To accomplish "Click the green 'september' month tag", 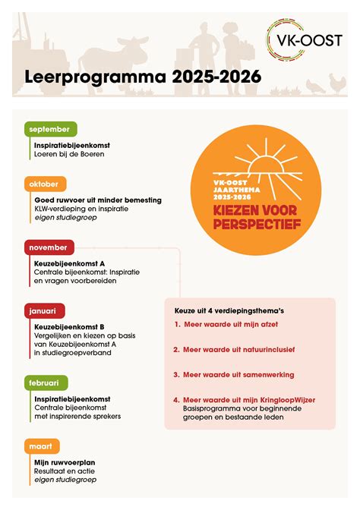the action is [49, 129].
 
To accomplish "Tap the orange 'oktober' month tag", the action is [45, 184].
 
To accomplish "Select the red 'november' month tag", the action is [48, 247].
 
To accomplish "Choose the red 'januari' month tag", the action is [45, 310].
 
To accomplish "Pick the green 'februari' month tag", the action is [46, 382].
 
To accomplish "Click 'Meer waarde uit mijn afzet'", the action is [232, 324].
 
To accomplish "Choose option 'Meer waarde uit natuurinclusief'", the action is [239, 349].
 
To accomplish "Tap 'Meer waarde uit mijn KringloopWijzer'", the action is [249, 399].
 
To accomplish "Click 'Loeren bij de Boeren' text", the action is [69, 153].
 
